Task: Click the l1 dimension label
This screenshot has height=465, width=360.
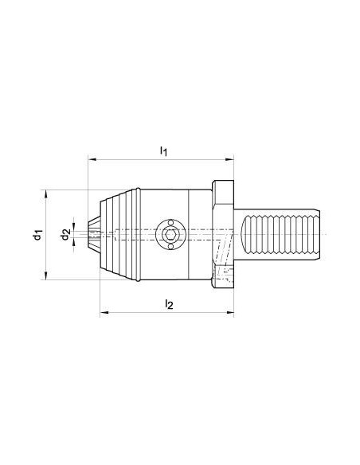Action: (x=164, y=151)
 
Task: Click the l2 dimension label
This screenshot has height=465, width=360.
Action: (x=169, y=304)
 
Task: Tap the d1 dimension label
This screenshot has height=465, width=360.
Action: (x=37, y=235)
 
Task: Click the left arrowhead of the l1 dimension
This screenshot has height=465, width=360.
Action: (x=92, y=160)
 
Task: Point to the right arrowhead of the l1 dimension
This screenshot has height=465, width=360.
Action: (x=230, y=160)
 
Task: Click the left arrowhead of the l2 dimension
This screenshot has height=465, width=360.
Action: (x=104, y=312)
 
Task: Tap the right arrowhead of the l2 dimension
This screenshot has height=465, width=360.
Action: (x=230, y=312)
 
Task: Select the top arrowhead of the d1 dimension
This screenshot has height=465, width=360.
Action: (x=45, y=194)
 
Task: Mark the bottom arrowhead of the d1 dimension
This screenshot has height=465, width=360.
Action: (x=45, y=275)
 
